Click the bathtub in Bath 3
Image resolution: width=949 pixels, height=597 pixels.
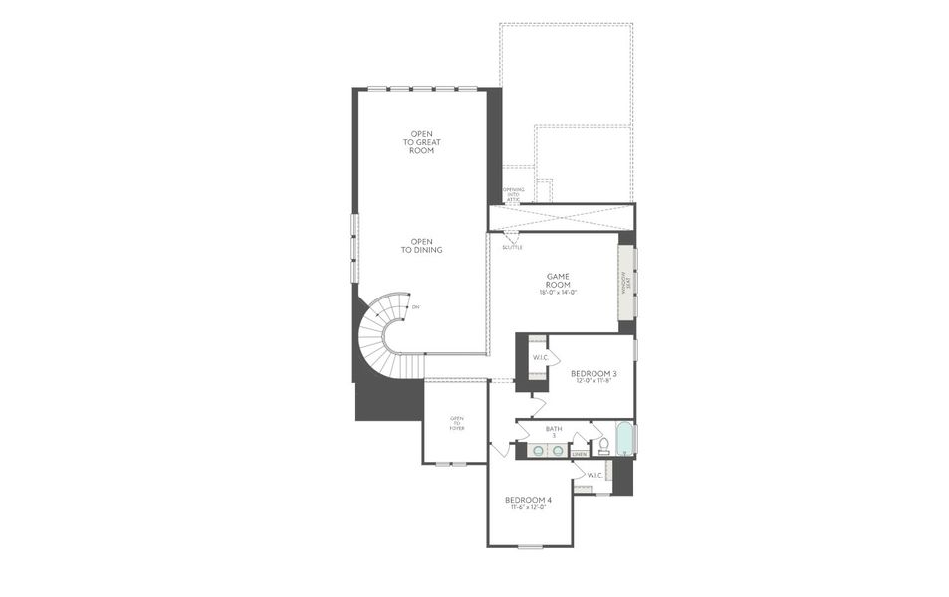click(x=624, y=439)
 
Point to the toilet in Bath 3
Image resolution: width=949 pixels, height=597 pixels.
click(x=602, y=445)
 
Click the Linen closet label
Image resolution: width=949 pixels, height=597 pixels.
click(x=580, y=454)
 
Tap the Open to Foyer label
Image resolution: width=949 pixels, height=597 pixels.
click(x=457, y=423)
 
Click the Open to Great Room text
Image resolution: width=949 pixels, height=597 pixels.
click(x=422, y=142)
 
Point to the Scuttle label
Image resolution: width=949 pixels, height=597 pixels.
click(x=512, y=247)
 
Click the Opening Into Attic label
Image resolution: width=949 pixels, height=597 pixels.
click(x=513, y=194)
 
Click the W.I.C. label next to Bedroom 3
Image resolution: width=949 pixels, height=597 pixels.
click(x=540, y=357)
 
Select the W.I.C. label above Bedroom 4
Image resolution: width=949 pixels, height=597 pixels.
click(x=595, y=475)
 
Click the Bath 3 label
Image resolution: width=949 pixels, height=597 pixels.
click(x=554, y=432)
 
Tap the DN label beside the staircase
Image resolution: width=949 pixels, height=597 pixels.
click(x=416, y=307)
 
